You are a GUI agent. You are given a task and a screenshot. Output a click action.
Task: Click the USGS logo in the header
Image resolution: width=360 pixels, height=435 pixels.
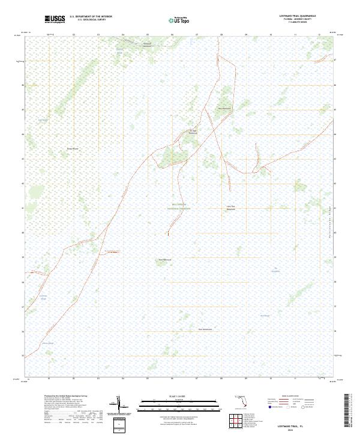55,19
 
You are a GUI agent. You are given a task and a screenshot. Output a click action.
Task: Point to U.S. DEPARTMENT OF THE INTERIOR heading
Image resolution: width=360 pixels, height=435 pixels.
91,16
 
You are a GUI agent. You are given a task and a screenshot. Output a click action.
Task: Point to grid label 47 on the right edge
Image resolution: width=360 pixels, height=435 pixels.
335,60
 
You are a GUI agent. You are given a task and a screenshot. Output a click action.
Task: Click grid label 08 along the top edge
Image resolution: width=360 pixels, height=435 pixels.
221,35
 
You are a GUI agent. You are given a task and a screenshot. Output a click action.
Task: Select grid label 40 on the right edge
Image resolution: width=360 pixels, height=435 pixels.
335,233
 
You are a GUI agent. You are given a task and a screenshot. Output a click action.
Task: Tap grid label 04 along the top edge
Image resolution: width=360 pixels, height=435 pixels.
122,35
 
